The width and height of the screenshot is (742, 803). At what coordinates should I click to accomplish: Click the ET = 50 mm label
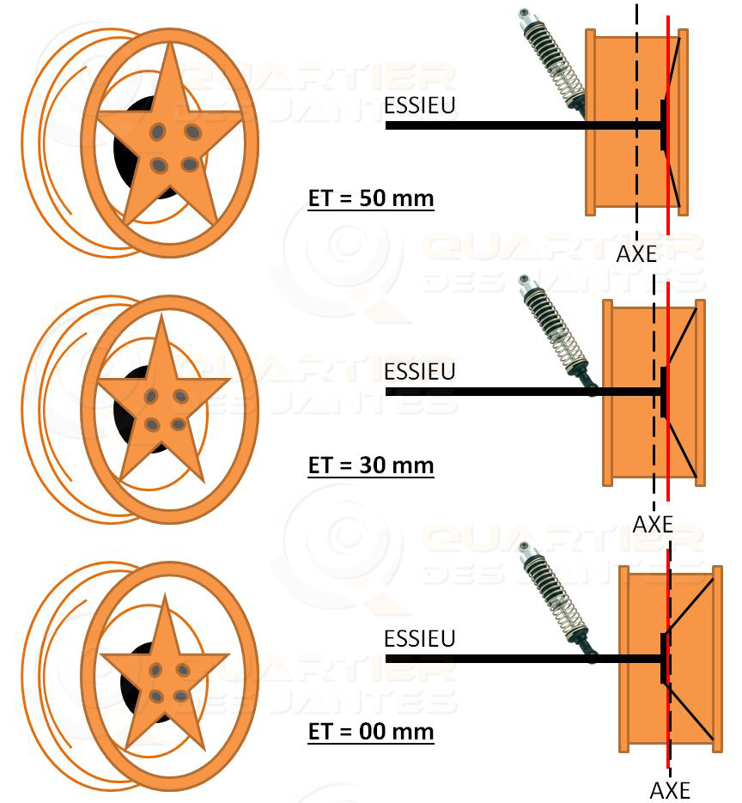[371, 198]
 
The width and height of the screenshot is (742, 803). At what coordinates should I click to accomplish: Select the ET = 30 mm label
[371, 465]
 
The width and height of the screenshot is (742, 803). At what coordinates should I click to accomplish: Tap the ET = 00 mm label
[371, 732]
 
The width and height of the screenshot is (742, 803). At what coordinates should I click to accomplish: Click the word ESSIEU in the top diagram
[419, 106]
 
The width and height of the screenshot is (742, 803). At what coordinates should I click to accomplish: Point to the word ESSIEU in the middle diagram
[419, 372]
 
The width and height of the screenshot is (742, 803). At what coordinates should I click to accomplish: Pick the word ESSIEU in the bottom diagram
[419, 639]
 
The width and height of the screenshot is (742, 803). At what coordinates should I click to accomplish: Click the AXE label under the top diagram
[636, 254]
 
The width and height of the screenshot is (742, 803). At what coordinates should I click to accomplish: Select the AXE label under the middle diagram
[653, 525]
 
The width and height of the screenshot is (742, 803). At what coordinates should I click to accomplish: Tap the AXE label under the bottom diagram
[670, 791]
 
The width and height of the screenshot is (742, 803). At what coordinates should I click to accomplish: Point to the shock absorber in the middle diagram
[556, 333]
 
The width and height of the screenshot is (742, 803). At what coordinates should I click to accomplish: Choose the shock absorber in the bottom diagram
[556, 600]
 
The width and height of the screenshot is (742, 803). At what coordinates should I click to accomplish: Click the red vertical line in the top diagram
[668, 125]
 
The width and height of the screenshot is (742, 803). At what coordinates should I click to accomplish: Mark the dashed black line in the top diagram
[636, 122]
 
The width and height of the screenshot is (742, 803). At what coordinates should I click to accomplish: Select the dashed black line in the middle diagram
[654, 392]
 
